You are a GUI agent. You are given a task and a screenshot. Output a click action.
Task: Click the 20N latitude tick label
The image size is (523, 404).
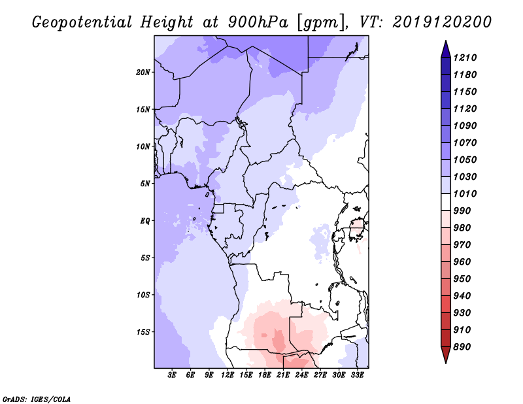tap(143, 72)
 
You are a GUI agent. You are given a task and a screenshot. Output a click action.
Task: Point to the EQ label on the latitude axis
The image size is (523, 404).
tap(145, 221)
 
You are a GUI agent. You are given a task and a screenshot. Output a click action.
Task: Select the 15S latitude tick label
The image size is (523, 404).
tap(143, 332)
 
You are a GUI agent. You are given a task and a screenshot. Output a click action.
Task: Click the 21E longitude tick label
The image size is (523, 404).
tap(284, 375)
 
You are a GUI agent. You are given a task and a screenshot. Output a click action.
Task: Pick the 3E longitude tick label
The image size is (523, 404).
tap(173, 375)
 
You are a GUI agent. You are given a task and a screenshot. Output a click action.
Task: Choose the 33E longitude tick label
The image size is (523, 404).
tap(358, 375)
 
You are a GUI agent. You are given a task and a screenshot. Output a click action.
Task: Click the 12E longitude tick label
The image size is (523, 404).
tap(228, 375)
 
